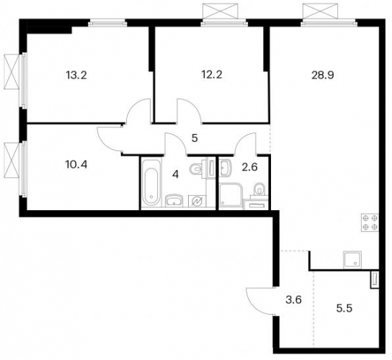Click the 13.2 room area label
76,75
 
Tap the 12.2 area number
212,74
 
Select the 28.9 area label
323,75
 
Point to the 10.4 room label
76,164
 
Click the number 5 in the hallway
195,138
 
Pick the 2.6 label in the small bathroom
249,167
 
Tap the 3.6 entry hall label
293,300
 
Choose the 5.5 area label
344,308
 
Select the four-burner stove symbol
370,222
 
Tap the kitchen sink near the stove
352,260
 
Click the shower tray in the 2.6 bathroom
231,196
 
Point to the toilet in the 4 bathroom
198,169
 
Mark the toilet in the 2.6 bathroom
259,189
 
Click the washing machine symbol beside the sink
197,201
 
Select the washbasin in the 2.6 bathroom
227,166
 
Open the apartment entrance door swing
261,301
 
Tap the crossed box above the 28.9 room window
320,12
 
